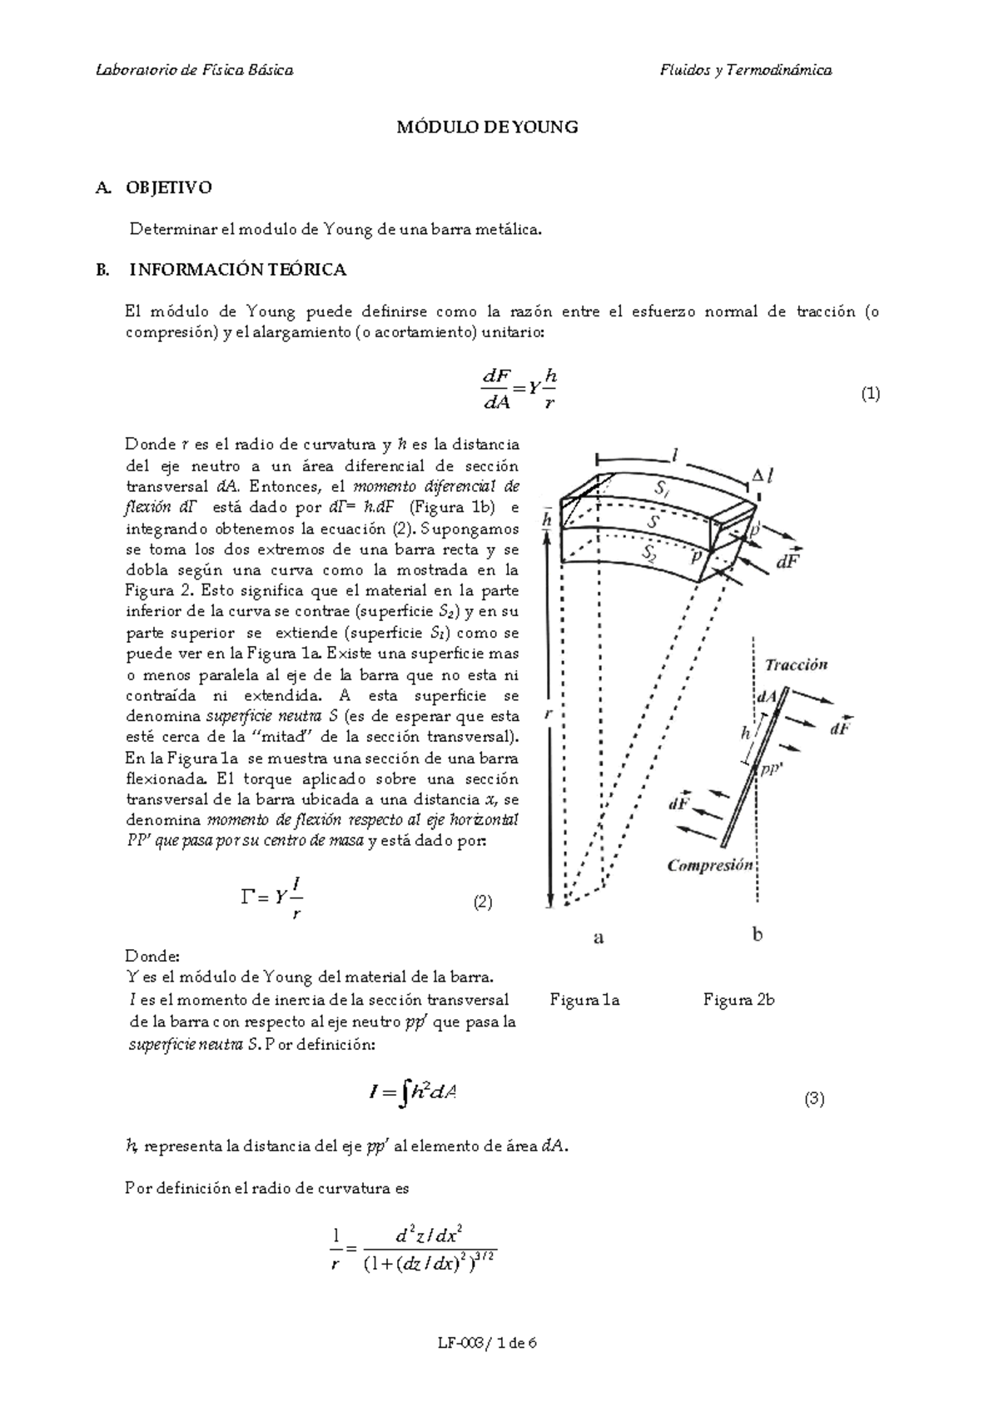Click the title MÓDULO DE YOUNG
(x=487, y=127)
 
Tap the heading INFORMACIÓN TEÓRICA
(x=238, y=270)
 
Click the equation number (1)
(x=870, y=394)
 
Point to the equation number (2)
(x=483, y=902)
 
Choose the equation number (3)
(x=813, y=1099)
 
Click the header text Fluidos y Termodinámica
(x=745, y=70)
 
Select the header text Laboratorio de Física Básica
(x=195, y=70)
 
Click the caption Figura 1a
(x=584, y=1000)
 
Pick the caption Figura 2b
(x=738, y=1000)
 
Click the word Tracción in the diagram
(x=796, y=664)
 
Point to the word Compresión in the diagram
(x=710, y=865)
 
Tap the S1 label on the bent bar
(x=662, y=490)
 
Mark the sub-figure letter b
(x=758, y=935)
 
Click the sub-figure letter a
(x=598, y=938)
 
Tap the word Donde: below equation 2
(x=152, y=955)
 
